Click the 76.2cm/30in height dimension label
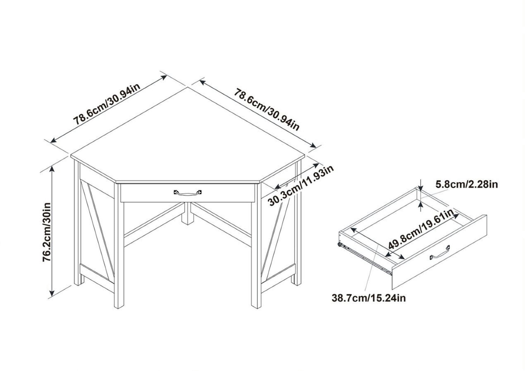pos(47,232)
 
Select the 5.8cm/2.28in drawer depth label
pos(466,184)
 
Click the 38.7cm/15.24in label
pos(369,298)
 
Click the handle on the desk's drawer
pos(187,193)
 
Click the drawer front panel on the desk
pos(187,193)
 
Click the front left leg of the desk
pos(119,246)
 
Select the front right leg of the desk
pos(256,246)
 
